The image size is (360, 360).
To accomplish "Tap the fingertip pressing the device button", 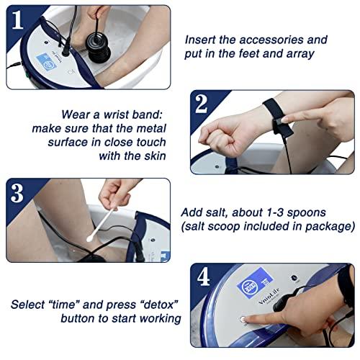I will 248,320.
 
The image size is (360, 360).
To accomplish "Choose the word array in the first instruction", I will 312,54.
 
